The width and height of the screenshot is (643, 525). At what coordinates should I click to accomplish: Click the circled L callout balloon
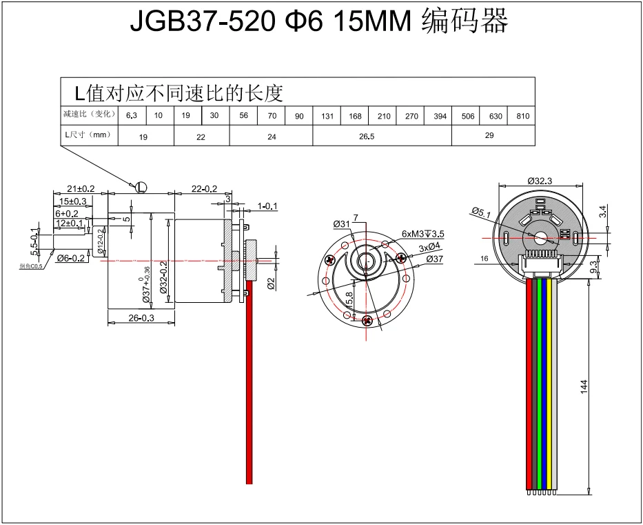pos(141,186)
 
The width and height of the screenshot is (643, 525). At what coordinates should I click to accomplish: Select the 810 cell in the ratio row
pos(522,116)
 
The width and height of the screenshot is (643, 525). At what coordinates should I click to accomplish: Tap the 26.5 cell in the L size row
pos(367,137)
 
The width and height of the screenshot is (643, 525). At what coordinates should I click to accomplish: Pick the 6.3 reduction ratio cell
pos(132,116)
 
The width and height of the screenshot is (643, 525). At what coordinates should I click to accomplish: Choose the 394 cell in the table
pos(440,116)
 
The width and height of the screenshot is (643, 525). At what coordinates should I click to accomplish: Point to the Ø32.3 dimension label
pos(540,180)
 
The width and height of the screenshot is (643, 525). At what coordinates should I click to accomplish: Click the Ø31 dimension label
pos(341,224)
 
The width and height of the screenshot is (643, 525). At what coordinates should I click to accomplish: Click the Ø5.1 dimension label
pos(480,212)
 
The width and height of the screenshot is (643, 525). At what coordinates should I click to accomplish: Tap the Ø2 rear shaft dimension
pos(271,282)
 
